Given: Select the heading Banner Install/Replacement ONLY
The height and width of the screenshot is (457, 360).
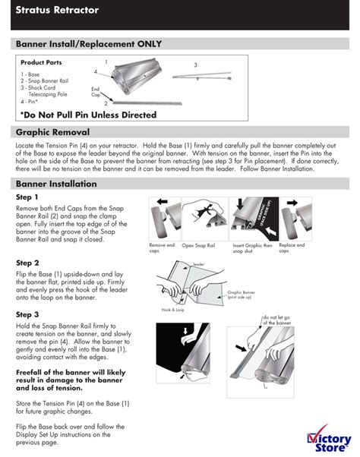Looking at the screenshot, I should [x=89, y=45].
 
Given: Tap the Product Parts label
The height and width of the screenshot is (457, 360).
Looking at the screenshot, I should [x=41, y=62].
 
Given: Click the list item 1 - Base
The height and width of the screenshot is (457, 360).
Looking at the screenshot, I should [x=32, y=75].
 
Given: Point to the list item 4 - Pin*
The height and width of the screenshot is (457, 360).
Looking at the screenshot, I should [x=30, y=100].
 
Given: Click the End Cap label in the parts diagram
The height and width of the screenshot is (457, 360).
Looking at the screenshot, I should [x=96, y=92].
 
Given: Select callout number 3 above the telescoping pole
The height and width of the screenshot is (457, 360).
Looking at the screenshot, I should [x=195, y=65].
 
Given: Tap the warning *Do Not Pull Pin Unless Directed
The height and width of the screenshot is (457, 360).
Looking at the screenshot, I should [x=89, y=115].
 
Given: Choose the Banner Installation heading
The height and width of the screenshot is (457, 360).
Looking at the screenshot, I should [x=57, y=184].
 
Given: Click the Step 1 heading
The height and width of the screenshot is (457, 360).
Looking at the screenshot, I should [x=27, y=197].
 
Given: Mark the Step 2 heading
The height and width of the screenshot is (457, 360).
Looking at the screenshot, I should [x=27, y=263].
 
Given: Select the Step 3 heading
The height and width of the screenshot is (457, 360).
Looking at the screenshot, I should [x=27, y=314].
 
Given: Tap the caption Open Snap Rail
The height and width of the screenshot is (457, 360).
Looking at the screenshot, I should [x=199, y=246].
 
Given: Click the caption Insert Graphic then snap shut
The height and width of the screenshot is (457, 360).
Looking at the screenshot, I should [x=251, y=247].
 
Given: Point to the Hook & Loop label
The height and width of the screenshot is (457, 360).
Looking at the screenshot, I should [x=172, y=310].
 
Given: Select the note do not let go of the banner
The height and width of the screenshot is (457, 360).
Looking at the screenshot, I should [x=276, y=319].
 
